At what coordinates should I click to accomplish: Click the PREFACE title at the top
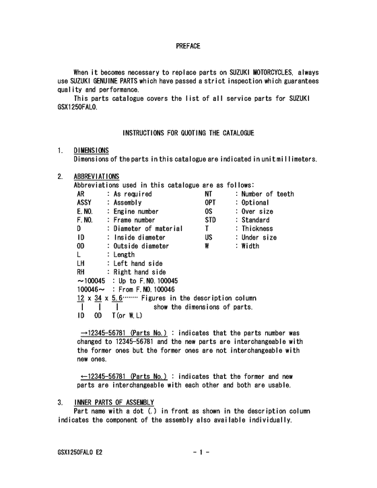point(188,46)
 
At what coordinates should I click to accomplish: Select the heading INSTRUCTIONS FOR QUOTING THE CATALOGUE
point(188,134)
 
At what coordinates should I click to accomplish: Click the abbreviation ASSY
point(84,203)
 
